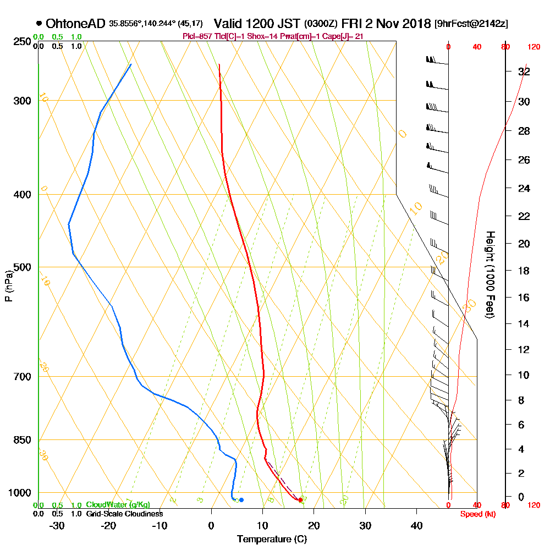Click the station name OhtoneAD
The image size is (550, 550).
tap(76, 24)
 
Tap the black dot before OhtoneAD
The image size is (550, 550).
tap(38, 23)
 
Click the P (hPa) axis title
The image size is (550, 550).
tap(8, 286)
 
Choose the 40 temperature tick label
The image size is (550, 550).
tap(417, 525)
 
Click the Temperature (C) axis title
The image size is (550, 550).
tap(272, 539)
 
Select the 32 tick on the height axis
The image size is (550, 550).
tap(524, 71)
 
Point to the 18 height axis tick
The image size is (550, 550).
tap(524, 271)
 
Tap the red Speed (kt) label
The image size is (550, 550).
tap(476, 514)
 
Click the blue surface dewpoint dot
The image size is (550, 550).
tap(241, 499)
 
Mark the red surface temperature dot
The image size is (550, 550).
tap(300, 500)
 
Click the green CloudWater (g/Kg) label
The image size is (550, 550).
tap(118, 505)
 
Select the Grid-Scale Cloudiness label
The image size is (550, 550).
tap(124, 514)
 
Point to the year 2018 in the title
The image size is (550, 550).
tap(413, 24)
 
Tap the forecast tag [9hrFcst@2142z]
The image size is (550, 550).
tap(471, 24)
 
